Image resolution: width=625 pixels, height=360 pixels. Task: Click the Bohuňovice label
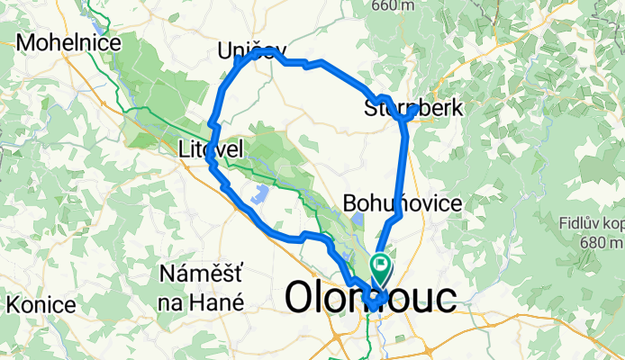tap(403, 203)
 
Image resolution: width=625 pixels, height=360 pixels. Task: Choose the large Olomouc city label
tap(370, 298)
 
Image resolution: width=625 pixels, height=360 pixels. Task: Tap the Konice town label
tap(38, 304)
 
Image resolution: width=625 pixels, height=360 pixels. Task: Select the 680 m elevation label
tap(603, 241)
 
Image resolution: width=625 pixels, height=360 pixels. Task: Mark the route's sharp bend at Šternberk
tap(410, 114)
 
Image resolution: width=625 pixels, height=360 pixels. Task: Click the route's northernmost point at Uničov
tap(261, 52)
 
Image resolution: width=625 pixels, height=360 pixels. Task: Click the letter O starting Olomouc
tap(301, 298)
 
